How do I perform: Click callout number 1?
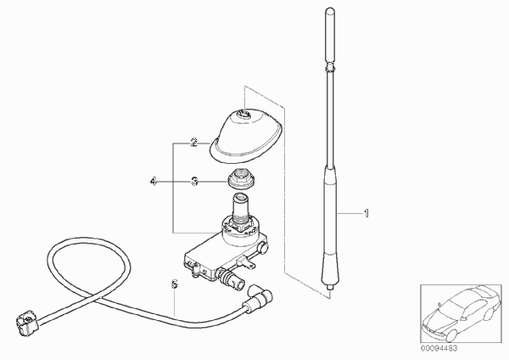pyautogui.click(x=366, y=213)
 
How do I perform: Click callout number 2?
pyautogui.click(x=193, y=143)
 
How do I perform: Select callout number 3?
pyautogui.click(x=194, y=181)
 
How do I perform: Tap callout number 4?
pyautogui.click(x=154, y=181)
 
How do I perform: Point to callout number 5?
pyautogui.click(x=175, y=284)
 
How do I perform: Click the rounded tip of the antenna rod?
pyautogui.click(x=330, y=11)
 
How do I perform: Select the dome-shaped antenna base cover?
pyautogui.click(x=247, y=137)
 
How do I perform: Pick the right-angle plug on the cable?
pyautogui.click(x=258, y=296)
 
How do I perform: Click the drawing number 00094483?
pyautogui.click(x=439, y=348)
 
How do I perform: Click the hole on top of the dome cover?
pyautogui.click(x=243, y=114)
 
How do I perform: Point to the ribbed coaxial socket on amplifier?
pyautogui.click(x=231, y=278)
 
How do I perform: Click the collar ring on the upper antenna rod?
pyautogui.click(x=330, y=69)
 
